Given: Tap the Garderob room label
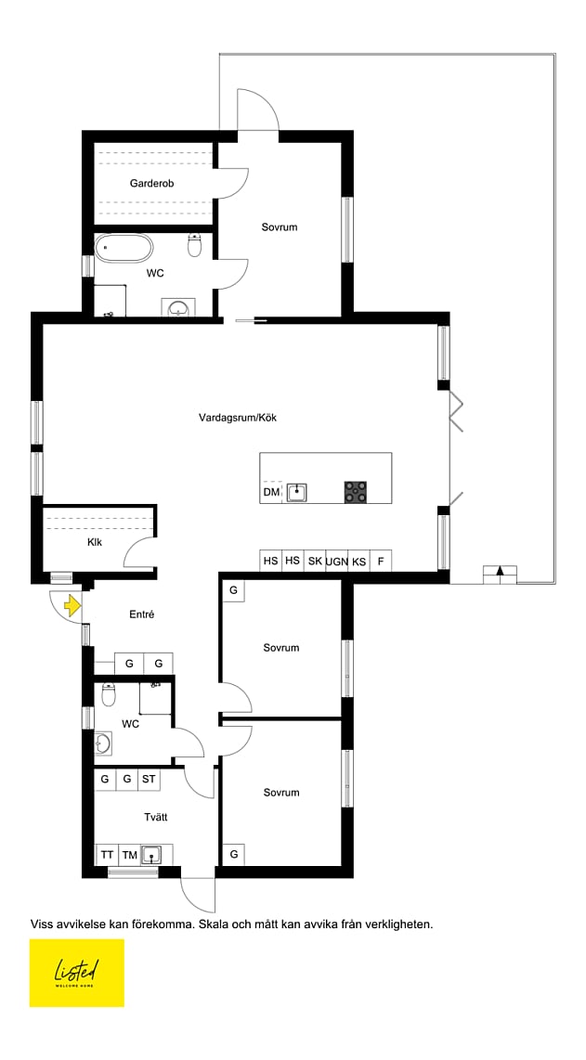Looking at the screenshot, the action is click(152, 183).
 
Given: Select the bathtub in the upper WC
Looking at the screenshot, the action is click(124, 248).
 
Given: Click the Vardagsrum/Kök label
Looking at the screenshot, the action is click(238, 418).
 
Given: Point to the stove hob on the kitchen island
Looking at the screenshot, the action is click(356, 491).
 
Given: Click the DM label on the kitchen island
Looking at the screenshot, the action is click(270, 493).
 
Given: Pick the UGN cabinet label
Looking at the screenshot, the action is click(336, 562).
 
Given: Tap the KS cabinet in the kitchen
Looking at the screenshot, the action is click(358, 562).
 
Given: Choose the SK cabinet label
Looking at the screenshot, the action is click(315, 561).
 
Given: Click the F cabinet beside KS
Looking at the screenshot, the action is click(381, 562).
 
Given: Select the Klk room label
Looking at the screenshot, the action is click(95, 542).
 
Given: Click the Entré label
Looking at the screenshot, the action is click(141, 614).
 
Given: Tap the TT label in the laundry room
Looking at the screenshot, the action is click(107, 855).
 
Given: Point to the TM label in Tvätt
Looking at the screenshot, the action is click(130, 855).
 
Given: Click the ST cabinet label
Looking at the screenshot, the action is click(149, 779).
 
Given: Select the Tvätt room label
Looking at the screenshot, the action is click(156, 818).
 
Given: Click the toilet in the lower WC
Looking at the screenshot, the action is click(109, 694).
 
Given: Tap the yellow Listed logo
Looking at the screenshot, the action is click(76, 973).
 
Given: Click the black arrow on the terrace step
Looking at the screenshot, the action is click(500, 571).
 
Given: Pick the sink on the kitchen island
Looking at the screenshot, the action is click(296, 491).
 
